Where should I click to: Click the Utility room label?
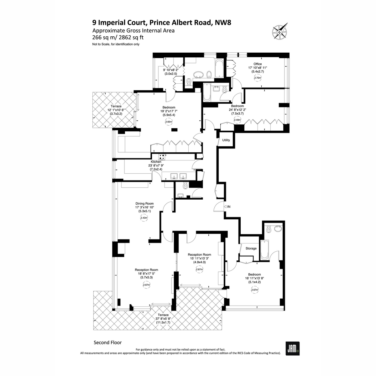[226, 140]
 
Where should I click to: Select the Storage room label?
[251, 248]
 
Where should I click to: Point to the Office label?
[258, 64]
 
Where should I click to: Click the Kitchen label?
[156, 162]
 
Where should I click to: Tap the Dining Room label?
[144, 204]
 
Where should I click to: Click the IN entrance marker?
[227, 206]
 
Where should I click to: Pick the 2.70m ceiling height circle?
[258, 78]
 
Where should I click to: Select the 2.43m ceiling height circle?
[144, 218]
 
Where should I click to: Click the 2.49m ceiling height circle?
[237, 120]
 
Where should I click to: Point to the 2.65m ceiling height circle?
[169, 122]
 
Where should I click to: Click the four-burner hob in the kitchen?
[162, 157]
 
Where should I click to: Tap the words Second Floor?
[108, 342]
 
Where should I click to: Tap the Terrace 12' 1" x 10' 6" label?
[116, 110]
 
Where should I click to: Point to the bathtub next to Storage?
[264, 250]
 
